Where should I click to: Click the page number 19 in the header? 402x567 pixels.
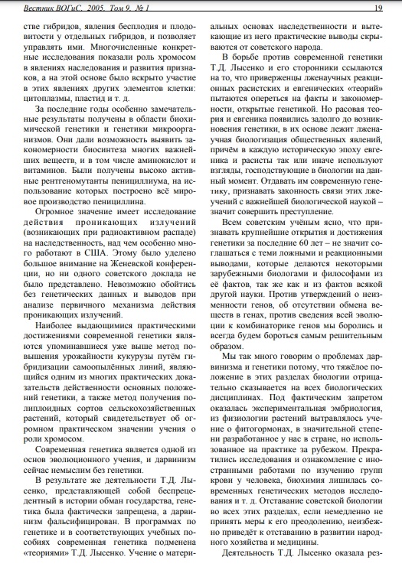click(378, 8)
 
